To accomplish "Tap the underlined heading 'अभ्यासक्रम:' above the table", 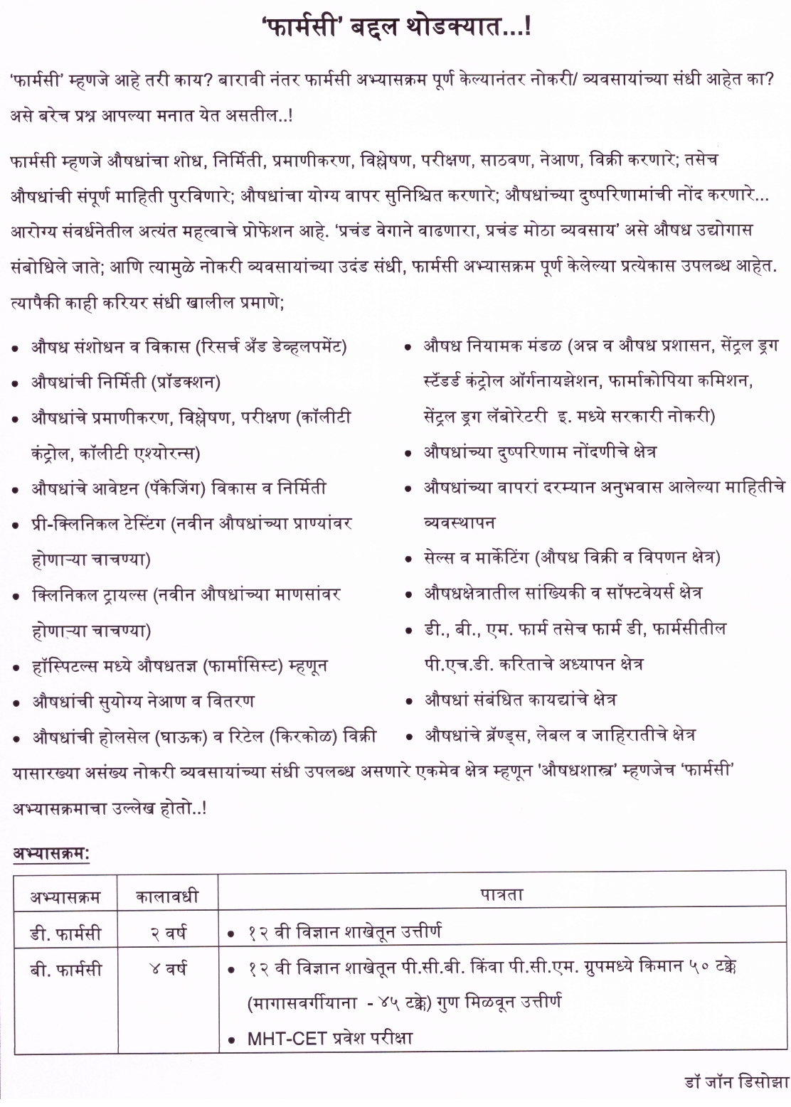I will (51, 853).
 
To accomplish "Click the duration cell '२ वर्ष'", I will (167, 931).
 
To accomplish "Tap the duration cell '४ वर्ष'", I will (167, 968).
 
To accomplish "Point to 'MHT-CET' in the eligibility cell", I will (285, 1038).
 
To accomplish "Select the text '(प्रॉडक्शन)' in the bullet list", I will (185, 383).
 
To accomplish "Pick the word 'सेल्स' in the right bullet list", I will (439, 557).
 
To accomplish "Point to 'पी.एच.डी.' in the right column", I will (455, 664).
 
